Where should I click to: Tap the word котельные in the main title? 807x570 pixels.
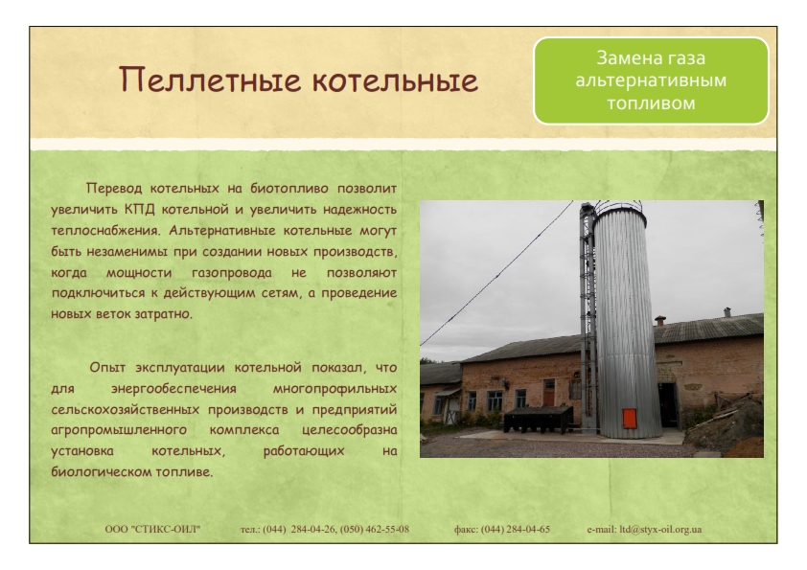pyautogui.click(x=395, y=80)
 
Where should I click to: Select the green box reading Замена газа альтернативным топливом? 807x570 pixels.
pyautogui.click(x=651, y=80)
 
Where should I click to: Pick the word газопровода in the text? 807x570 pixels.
pyautogui.click(x=232, y=273)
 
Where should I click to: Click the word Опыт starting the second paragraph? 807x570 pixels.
pyautogui.click(x=107, y=368)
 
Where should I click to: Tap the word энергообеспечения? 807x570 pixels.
pyautogui.click(x=173, y=389)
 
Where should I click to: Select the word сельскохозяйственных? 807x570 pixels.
pyautogui.click(x=125, y=410)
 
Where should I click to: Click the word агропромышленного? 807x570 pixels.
pyautogui.click(x=119, y=430)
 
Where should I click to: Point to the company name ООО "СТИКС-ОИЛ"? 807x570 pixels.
pyautogui.click(x=152, y=530)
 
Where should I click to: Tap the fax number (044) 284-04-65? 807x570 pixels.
pyautogui.click(x=516, y=530)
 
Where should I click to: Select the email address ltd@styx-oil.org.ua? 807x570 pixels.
pyautogui.click(x=660, y=530)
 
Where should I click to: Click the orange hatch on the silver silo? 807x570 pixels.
pyautogui.click(x=630, y=419)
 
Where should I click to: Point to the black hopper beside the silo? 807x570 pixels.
pyautogui.click(x=538, y=419)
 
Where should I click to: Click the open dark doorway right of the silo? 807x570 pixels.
pyautogui.click(x=668, y=405)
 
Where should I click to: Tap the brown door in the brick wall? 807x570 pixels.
pyautogui.click(x=549, y=393)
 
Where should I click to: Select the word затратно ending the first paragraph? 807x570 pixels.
pyautogui.click(x=163, y=314)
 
